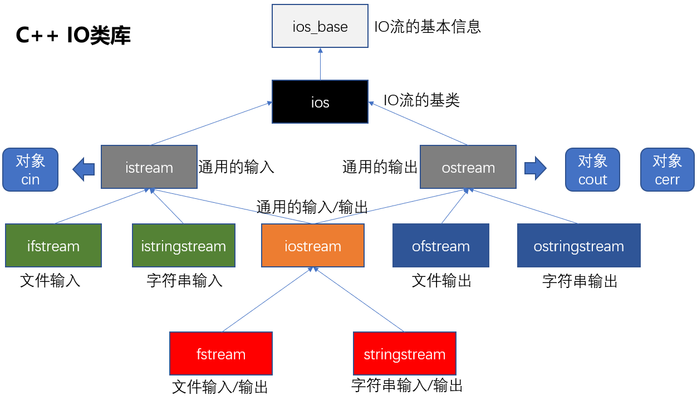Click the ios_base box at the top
pos(320,26)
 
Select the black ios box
pos(320,102)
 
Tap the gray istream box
pos(149,167)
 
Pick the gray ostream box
pos(468,167)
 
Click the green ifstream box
pos(53,246)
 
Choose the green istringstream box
pos(183,246)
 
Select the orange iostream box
pos(313,246)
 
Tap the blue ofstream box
pos(441,246)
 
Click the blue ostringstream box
pos(578,246)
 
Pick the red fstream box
pos(221,354)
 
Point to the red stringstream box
pos(405,354)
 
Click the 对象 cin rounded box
pos(31,169)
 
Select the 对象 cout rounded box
pos(592,169)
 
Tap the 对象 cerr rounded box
pos(667,169)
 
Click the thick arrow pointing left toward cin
pos(84,168)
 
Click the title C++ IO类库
pos(73,36)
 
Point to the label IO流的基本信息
pos(428,26)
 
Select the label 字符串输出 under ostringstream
pos(580,281)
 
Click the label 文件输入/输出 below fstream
pos(220,387)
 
